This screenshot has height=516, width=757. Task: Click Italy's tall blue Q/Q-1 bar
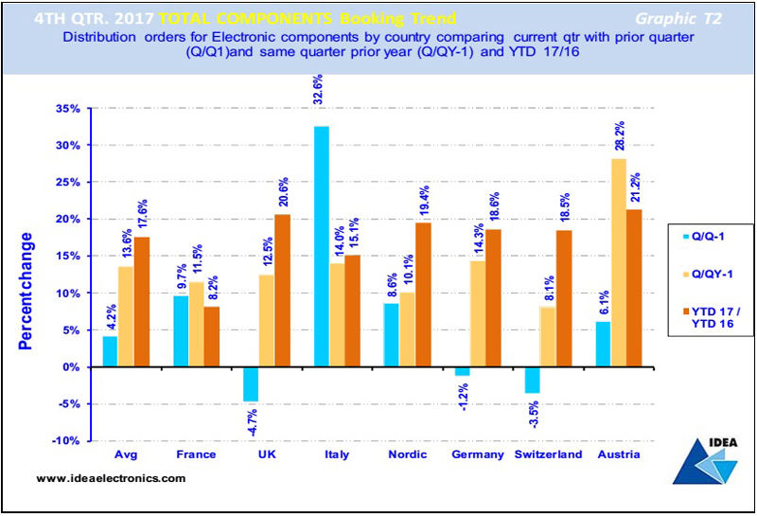point(322,246)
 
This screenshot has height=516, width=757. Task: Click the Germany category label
point(478,454)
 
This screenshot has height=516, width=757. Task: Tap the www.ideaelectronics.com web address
point(112,479)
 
